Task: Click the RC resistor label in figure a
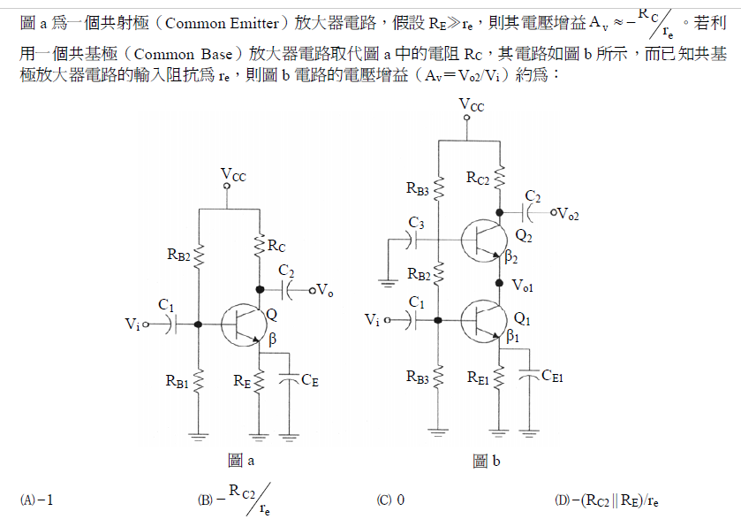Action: (276, 245)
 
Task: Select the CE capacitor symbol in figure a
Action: (290, 379)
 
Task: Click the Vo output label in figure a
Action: (324, 289)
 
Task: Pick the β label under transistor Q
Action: (272, 340)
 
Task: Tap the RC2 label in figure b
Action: (482, 177)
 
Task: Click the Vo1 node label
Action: (523, 286)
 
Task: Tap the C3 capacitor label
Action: (416, 222)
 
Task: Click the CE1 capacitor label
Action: (552, 376)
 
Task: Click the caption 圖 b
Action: (487, 460)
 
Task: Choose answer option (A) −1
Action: (39, 500)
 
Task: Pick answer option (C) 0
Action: (390, 500)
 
